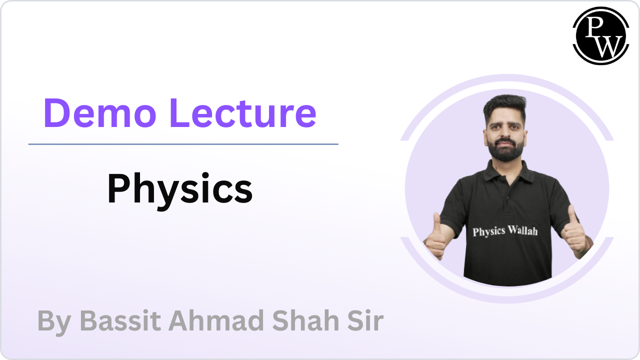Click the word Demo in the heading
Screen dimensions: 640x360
[x=99, y=113]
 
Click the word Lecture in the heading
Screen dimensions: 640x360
[x=243, y=113]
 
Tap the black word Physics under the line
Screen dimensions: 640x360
[x=179, y=190]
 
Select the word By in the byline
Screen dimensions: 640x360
[x=54, y=322]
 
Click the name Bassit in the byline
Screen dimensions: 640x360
[x=120, y=320]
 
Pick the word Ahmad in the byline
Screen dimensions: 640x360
[x=216, y=320]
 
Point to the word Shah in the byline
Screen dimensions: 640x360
[x=305, y=320]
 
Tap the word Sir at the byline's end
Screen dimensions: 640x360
[x=365, y=320]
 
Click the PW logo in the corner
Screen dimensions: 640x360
[x=601, y=35]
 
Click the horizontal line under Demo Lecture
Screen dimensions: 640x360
[x=183, y=144]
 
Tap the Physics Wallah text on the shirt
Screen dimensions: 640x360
[x=505, y=231]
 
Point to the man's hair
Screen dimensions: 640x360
[x=505, y=107]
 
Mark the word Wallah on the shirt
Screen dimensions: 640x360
[x=523, y=230]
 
